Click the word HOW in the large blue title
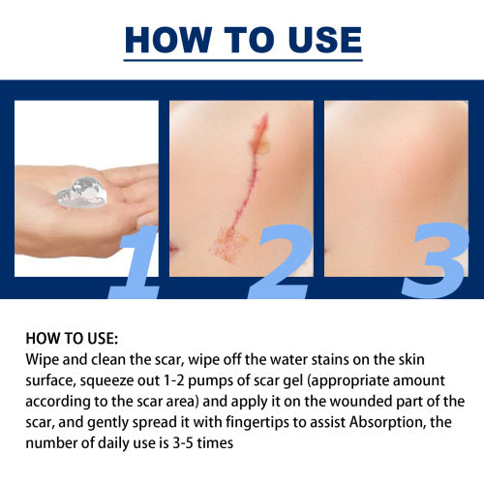click(168, 40)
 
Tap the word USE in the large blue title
click(325, 40)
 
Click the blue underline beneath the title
click(243, 60)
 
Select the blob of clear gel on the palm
click(80, 193)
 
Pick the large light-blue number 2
click(280, 262)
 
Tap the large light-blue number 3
click(435, 260)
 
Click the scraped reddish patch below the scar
click(228, 244)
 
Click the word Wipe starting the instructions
click(42, 360)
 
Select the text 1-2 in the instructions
click(174, 380)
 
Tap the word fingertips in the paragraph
click(257, 423)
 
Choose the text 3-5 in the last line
click(183, 443)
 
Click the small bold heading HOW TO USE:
click(72, 339)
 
